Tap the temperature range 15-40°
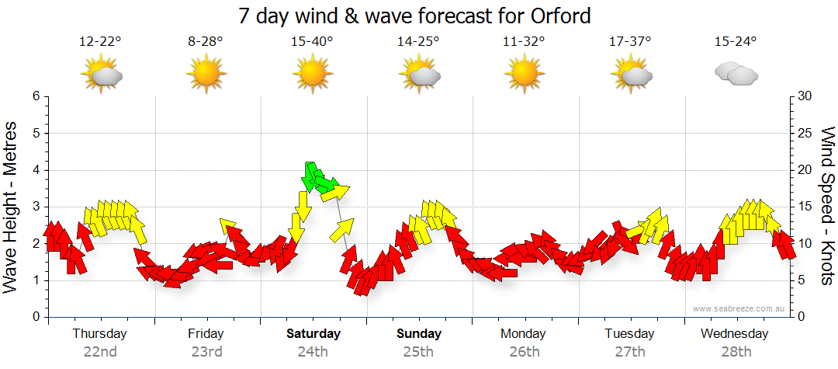(x=312, y=42)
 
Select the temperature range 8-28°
(x=206, y=42)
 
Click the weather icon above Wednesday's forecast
(x=736, y=73)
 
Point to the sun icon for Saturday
(x=312, y=73)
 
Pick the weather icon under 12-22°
(x=101, y=73)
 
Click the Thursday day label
(x=99, y=333)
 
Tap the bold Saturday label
(x=313, y=333)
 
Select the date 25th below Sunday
(x=418, y=351)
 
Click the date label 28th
(x=736, y=351)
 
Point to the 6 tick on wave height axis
(x=36, y=96)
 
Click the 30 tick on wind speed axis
(x=805, y=96)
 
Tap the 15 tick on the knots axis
(x=805, y=207)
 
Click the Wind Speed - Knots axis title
(x=826, y=206)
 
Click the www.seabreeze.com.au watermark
(x=739, y=308)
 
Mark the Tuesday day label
(x=629, y=333)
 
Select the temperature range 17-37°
(x=630, y=42)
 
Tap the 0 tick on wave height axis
(x=36, y=317)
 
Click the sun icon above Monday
(x=524, y=73)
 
